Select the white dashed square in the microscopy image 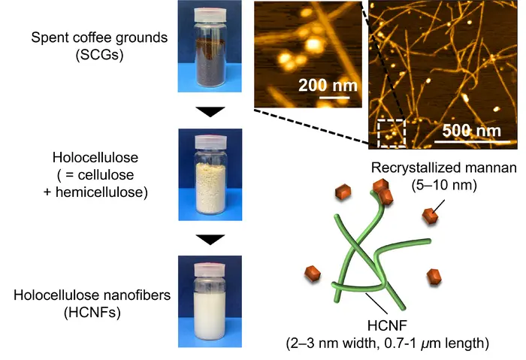pyautogui.click(x=391, y=132)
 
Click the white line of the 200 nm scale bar pyautogui.click(x=328, y=97)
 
